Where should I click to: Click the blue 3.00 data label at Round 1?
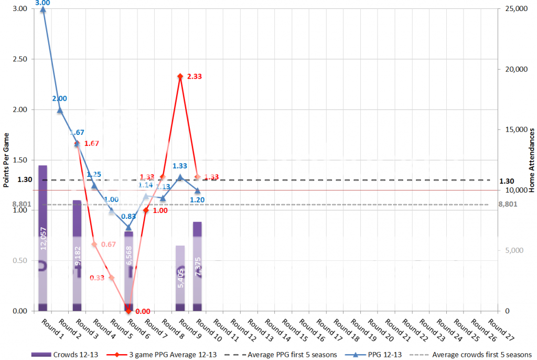pos(42,3)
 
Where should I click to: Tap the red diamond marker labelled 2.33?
pos(180,77)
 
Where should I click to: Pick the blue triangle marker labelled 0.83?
pos(128,228)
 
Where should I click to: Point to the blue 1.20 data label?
pos(197,200)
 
